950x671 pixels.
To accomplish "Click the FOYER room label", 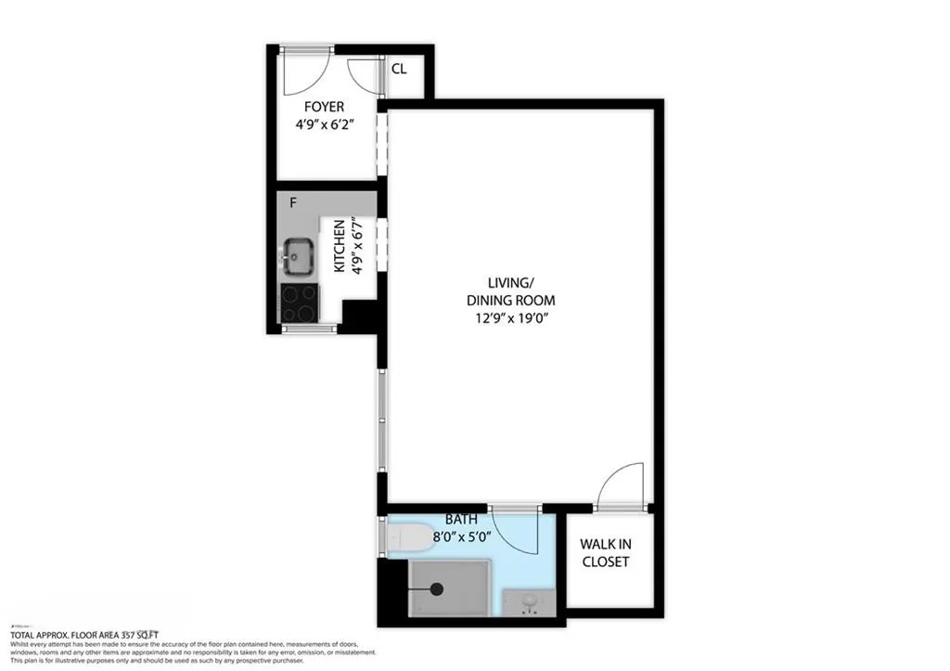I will [x=317, y=108].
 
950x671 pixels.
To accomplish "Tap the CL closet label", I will [x=399, y=70].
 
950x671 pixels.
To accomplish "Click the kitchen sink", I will [x=297, y=255].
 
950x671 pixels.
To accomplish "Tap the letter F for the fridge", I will [x=292, y=203].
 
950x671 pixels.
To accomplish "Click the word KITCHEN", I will [x=340, y=246].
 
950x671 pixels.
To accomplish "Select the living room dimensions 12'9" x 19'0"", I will [x=521, y=317].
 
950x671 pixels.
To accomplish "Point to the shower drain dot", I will [x=439, y=587].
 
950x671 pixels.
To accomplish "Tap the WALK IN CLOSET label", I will [x=605, y=553].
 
